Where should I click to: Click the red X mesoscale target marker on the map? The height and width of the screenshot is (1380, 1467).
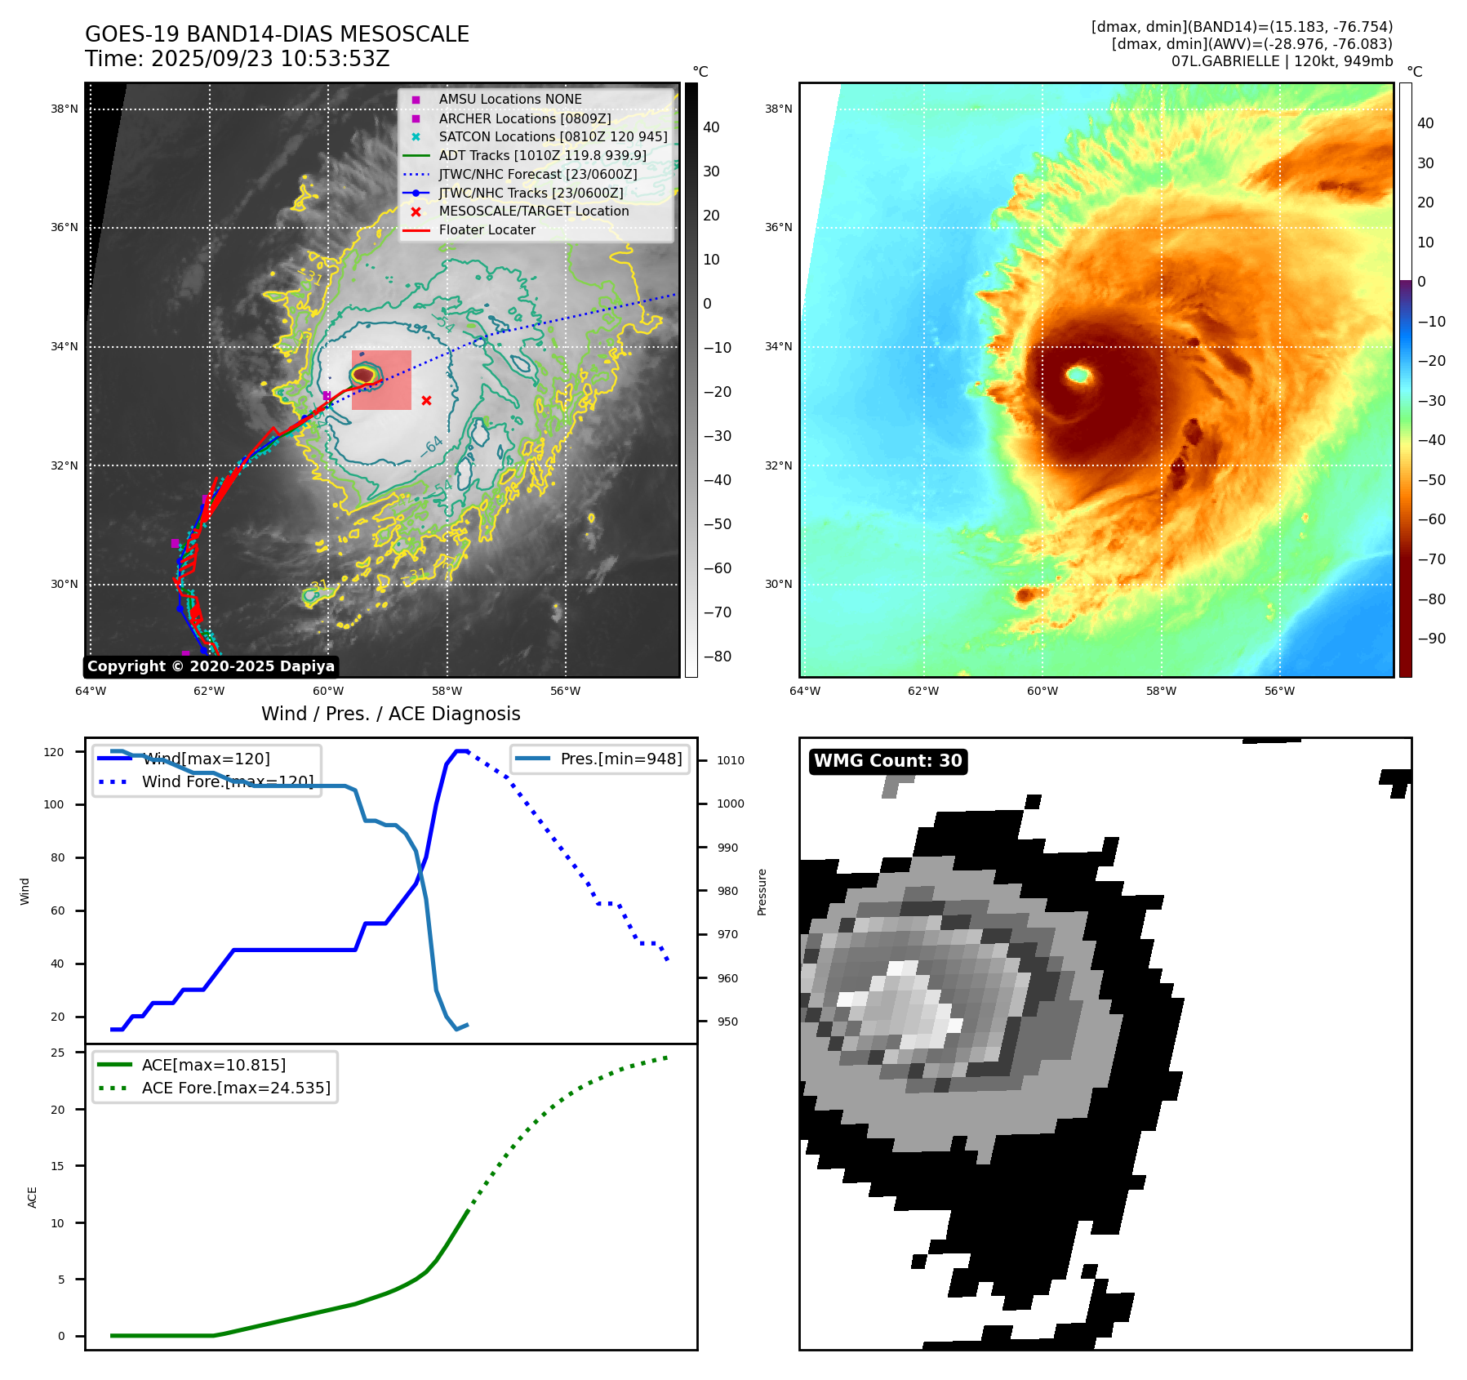pos(426,400)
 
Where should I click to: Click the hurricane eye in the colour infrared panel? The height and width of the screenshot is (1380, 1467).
pos(1078,375)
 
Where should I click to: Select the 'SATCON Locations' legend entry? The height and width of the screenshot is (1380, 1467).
pos(553,136)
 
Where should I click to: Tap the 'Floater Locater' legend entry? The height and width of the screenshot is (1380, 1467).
pos(487,230)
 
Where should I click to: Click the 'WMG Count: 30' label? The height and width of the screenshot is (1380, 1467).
pos(887,761)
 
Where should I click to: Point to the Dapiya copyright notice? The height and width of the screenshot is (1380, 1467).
pos(211,666)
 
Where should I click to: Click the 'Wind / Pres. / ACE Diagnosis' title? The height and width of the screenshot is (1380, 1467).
pos(390,714)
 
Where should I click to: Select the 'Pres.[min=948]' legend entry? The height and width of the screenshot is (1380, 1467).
pos(620,759)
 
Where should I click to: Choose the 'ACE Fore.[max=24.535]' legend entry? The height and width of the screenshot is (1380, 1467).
pos(236,1088)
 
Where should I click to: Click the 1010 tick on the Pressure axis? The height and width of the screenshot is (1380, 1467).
pos(731,760)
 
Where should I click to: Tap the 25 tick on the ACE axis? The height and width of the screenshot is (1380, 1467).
pos(58,1053)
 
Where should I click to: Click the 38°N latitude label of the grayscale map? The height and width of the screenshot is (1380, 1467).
pos(64,109)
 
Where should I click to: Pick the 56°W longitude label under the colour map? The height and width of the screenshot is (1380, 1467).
pos(1279,691)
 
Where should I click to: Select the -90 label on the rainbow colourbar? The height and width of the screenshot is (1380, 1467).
pos(1431,639)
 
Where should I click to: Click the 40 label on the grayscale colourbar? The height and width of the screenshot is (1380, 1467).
pos(711,127)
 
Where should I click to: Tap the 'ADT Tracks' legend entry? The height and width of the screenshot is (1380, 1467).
pos(542,155)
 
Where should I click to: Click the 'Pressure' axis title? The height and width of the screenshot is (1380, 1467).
pos(762,892)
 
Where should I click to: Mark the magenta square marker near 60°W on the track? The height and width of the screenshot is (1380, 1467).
pos(327,396)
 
